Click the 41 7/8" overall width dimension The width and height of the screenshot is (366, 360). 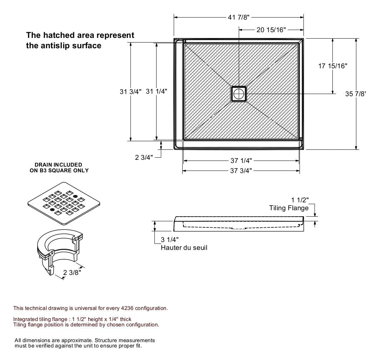pyautogui.click(x=238, y=17)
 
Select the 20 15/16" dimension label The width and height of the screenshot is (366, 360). pyautogui.click(x=271, y=30)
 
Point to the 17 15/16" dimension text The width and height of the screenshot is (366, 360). pyautogui.click(x=332, y=66)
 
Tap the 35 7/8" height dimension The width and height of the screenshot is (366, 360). pyautogui.click(x=355, y=94)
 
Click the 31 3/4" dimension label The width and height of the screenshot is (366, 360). pyautogui.click(x=130, y=92)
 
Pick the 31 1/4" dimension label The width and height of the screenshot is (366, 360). pyautogui.click(x=156, y=92)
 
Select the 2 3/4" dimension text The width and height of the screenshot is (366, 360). pyautogui.click(x=144, y=157)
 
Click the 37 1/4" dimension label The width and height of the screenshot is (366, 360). pyautogui.click(x=241, y=161)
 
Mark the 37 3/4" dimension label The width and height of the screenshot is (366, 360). pyautogui.click(x=241, y=171)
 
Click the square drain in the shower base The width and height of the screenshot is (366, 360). pyautogui.click(x=238, y=94)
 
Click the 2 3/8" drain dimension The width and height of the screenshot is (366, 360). pyautogui.click(x=72, y=273)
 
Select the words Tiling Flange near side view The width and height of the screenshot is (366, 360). pyautogui.click(x=288, y=208)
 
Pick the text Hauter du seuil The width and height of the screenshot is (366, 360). pyautogui.click(x=184, y=247)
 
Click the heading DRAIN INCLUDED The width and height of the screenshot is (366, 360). pyautogui.click(x=58, y=165)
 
